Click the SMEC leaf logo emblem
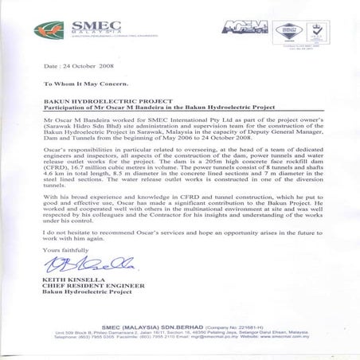[x=45, y=33]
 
